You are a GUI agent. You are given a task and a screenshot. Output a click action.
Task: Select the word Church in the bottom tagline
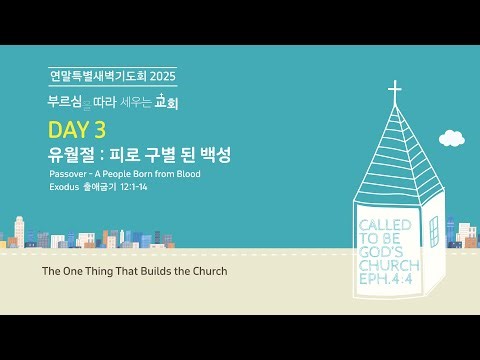click(207, 271)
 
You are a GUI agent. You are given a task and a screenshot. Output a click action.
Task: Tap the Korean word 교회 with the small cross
click(175, 102)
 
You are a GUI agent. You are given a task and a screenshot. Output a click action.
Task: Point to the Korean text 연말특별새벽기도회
click(97, 75)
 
